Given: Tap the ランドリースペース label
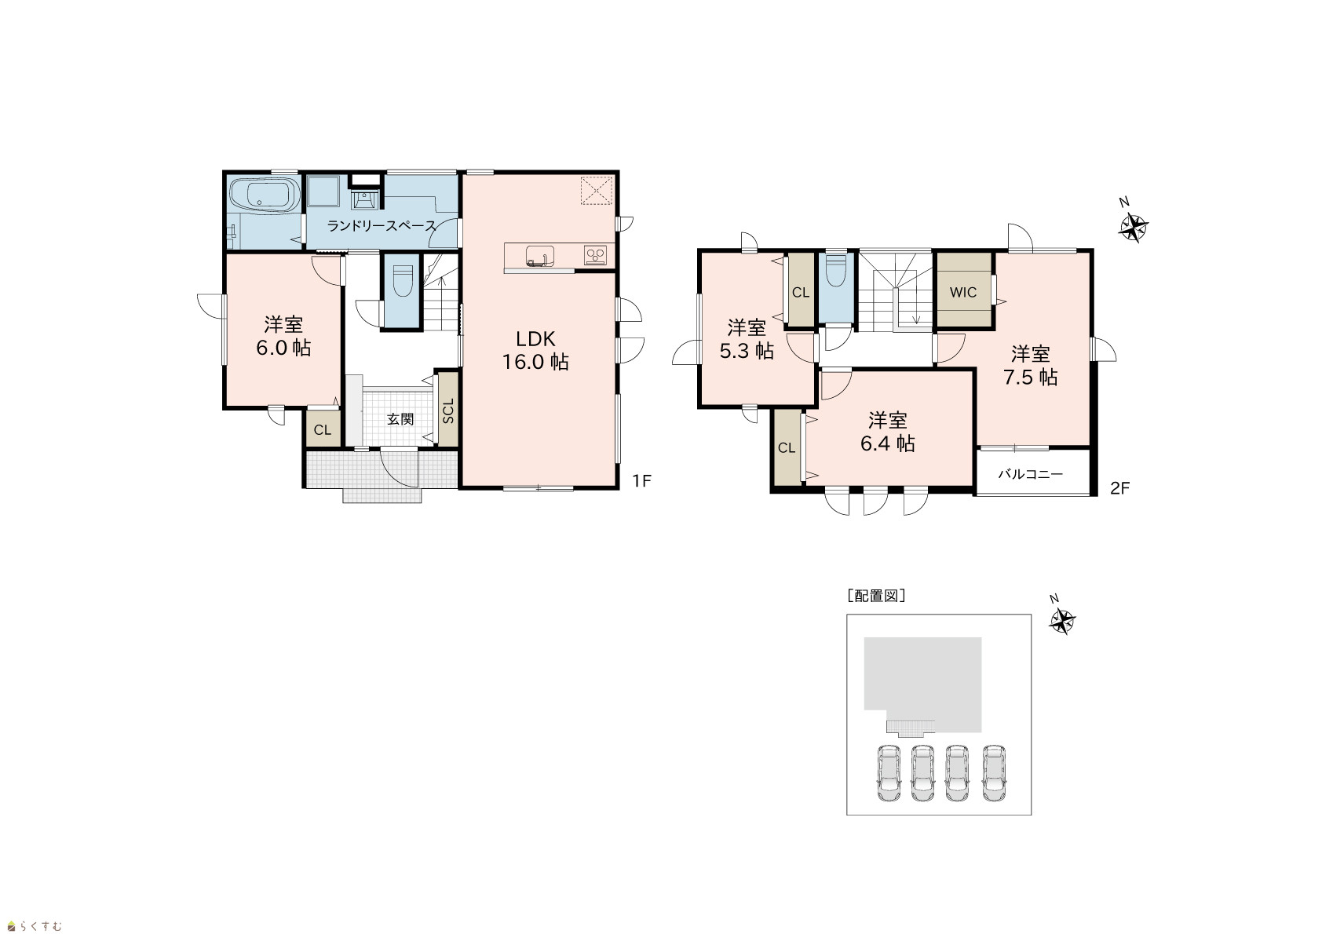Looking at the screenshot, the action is pyautogui.click(x=382, y=225).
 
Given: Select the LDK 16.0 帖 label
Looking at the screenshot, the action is pyautogui.click(x=535, y=351).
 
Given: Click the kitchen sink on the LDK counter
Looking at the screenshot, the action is pyautogui.click(x=540, y=256).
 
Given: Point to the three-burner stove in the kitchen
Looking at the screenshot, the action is pyautogui.click(x=596, y=255).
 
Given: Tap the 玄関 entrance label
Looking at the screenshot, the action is pyautogui.click(x=400, y=419).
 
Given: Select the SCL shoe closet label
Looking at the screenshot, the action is pyautogui.click(x=448, y=410).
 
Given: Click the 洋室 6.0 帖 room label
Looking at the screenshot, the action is pyautogui.click(x=283, y=336).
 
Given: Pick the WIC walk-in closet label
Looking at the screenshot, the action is pyautogui.click(x=963, y=292).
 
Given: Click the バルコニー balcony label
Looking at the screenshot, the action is pyautogui.click(x=1031, y=474).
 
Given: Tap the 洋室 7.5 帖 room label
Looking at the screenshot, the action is pyautogui.click(x=1031, y=365).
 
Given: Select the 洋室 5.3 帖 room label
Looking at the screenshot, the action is pyautogui.click(x=747, y=339).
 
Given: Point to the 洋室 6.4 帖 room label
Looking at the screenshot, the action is pyautogui.click(x=888, y=432).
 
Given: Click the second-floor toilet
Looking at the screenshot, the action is pyautogui.click(x=836, y=270).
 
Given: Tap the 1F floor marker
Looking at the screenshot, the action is pyautogui.click(x=641, y=481).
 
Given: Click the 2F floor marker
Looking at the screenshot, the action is pyautogui.click(x=1119, y=488).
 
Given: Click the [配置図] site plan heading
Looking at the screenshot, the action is pyautogui.click(x=876, y=596).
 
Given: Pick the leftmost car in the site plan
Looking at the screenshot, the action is pyautogui.click(x=889, y=773).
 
